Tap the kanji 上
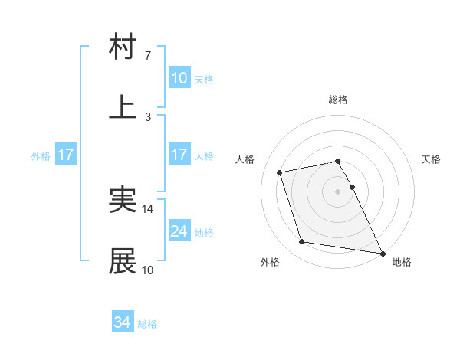[x=123, y=107]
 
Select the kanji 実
[x=123, y=200]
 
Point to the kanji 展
[x=123, y=261]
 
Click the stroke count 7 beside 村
[x=148, y=56]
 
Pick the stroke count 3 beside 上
[x=148, y=116]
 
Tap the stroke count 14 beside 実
[x=148, y=209]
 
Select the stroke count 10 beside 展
[x=148, y=270]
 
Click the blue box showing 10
[x=179, y=78]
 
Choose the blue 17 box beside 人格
[x=179, y=155]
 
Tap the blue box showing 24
[x=179, y=231]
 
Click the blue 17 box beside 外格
[x=66, y=155]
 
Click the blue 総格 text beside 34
[x=147, y=324]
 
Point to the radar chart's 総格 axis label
[x=338, y=100]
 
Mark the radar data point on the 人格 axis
[x=280, y=172]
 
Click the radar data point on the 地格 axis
[x=382, y=253]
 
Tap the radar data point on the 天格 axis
[x=352, y=187]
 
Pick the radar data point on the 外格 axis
[x=302, y=242]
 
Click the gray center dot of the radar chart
[x=338, y=191]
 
